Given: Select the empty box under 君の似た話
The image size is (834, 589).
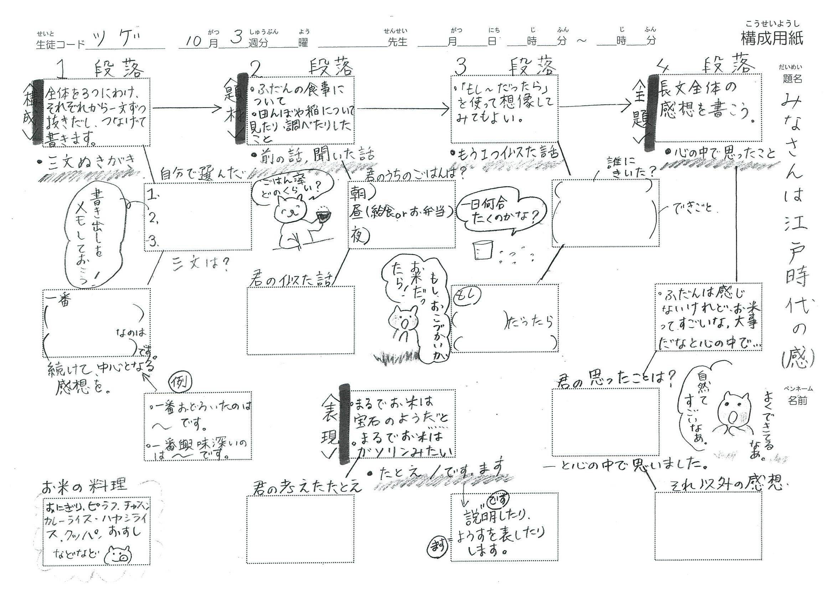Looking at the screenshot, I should (300, 320).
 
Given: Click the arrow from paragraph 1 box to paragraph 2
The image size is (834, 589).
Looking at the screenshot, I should (187, 108).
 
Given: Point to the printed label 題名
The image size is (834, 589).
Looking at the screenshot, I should (792, 78).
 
